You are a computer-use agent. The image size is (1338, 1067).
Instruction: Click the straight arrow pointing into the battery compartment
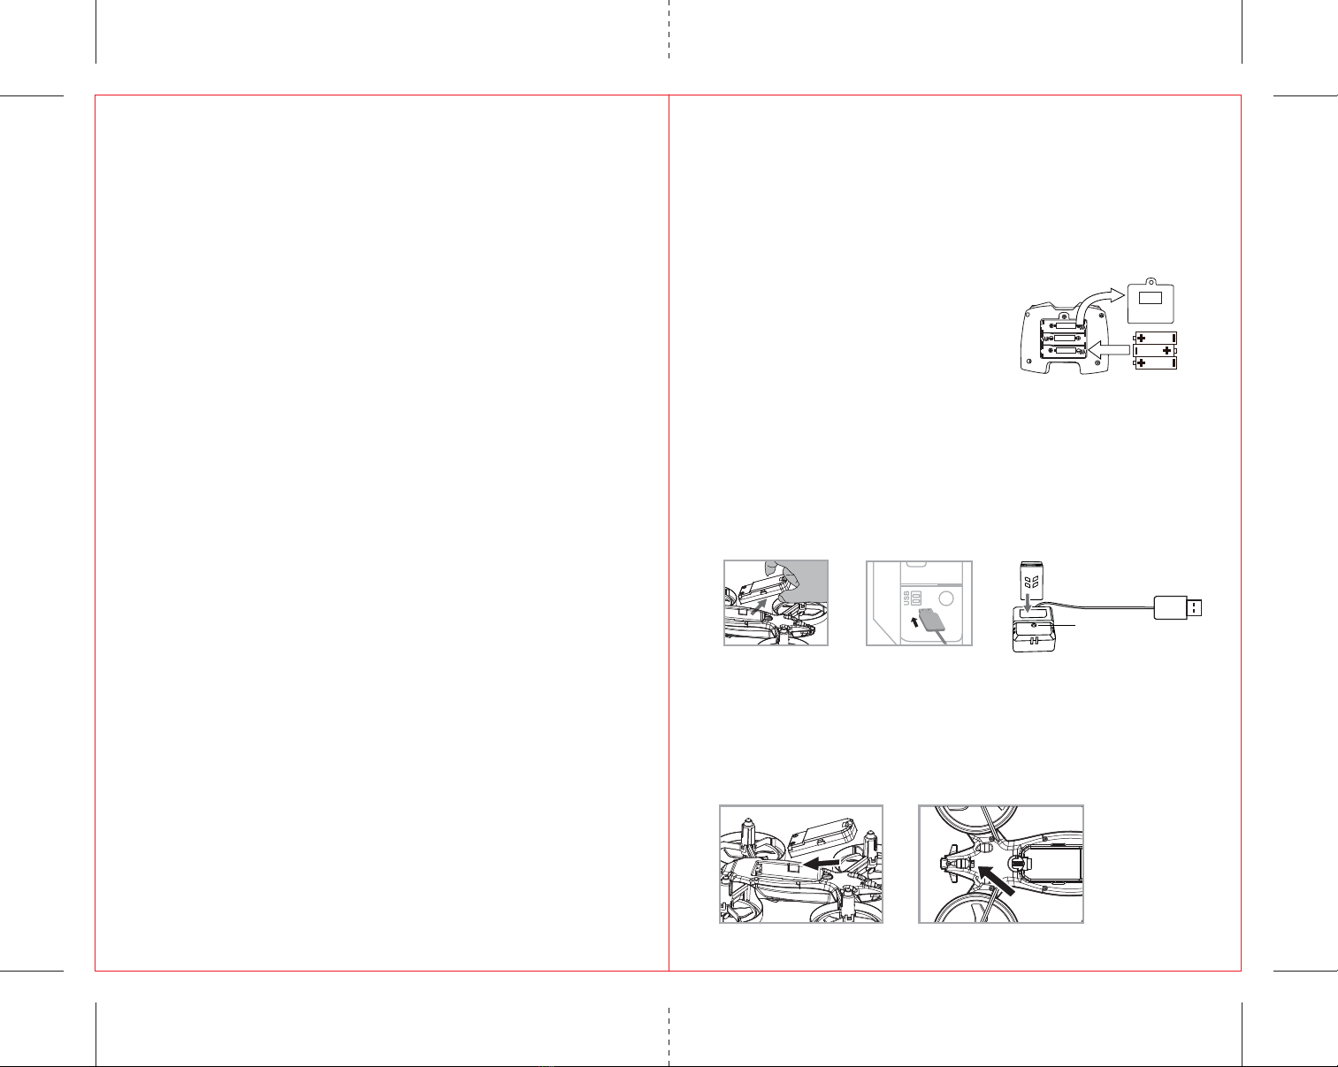(1108, 350)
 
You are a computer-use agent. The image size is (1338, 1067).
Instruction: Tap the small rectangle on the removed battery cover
(1151, 298)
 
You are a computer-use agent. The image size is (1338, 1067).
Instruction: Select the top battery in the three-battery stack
(1155, 338)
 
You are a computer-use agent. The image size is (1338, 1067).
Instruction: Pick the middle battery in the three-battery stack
(1155, 350)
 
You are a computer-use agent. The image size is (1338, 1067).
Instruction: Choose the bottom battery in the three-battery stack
(1155, 363)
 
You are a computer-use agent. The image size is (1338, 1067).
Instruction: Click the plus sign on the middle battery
(1166, 350)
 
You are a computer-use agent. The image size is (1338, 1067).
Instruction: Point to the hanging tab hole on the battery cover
(1151, 281)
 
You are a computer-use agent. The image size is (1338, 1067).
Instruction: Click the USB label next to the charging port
(906, 598)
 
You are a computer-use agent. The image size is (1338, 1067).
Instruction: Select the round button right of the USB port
(946, 598)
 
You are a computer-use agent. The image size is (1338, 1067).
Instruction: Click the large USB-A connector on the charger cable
(1178, 607)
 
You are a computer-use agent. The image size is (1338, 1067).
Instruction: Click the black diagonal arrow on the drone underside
(996, 880)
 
